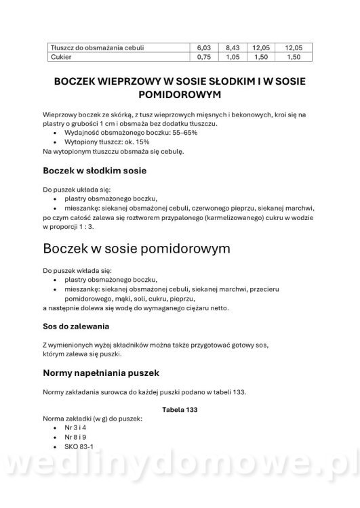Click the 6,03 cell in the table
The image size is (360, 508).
(204, 48)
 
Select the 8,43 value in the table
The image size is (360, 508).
(233, 48)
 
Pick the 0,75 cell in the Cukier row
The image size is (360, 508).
(204, 58)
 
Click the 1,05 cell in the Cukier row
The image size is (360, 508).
(233, 58)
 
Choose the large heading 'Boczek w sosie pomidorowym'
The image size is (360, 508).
(136, 249)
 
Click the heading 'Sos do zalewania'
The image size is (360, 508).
(85, 326)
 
